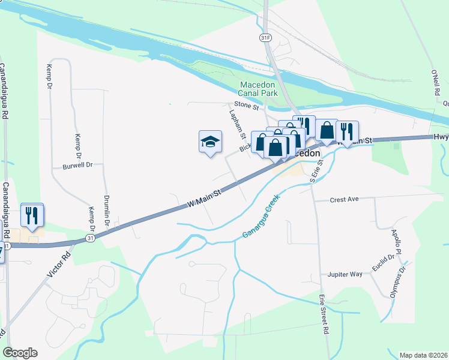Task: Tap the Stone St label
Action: click(x=246, y=106)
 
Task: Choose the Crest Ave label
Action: click(x=344, y=199)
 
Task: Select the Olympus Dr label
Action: click(x=399, y=280)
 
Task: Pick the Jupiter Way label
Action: click(x=345, y=274)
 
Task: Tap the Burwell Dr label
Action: click(x=78, y=165)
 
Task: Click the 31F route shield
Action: click(x=265, y=37)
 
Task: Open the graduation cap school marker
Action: click(x=210, y=142)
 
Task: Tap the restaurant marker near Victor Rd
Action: click(x=32, y=215)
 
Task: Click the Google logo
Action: click(x=20, y=353)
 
